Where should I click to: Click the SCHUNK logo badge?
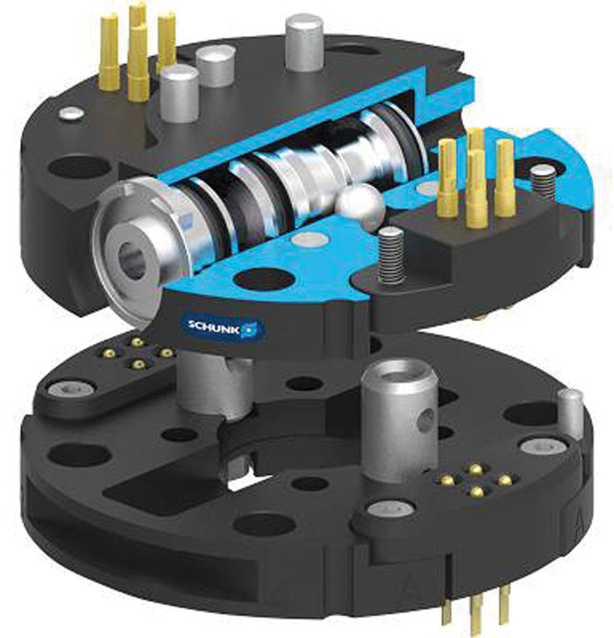pyautogui.click(x=222, y=326)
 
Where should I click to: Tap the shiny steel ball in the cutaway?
pyautogui.click(x=361, y=206)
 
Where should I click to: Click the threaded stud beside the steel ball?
pyautogui.click(x=391, y=255)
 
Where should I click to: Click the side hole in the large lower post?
pyautogui.click(x=425, y=420)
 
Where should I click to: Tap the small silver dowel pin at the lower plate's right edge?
pyautogui.click(x=569, y=413)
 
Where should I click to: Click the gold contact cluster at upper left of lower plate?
pyautogui.click(x=138, y=352)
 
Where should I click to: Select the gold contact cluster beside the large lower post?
pyautogui.click(x=475, y=481)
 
